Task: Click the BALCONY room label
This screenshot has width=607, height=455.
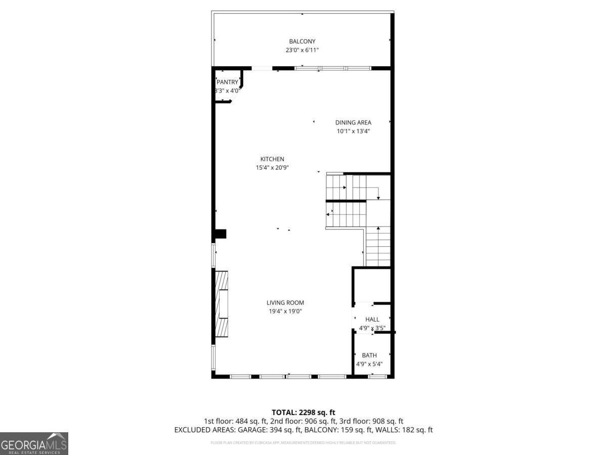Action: (302, 41)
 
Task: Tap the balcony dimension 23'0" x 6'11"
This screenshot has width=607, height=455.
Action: (302, 50)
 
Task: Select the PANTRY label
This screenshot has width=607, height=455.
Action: (227, 82)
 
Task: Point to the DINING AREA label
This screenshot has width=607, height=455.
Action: (353, 122)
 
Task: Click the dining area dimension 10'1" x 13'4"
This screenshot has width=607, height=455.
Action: (353, 131)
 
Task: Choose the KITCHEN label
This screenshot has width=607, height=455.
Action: (272, 159)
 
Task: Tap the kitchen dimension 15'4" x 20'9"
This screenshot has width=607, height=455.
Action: (272, 168)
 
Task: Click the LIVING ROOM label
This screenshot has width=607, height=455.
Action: (285, 303)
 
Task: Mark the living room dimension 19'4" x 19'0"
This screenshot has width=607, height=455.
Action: (285, 312)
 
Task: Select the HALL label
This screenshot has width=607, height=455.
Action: (372, 320)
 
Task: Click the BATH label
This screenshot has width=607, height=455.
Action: (369, 355)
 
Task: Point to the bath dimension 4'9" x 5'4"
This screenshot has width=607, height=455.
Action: (369, 364)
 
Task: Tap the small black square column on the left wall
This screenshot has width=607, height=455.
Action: (221, 234)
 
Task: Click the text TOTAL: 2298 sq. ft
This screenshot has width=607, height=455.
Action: (303, 413)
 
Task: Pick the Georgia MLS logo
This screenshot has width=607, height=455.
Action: (34, 443)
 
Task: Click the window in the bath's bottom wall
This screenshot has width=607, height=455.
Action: (377, 376)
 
